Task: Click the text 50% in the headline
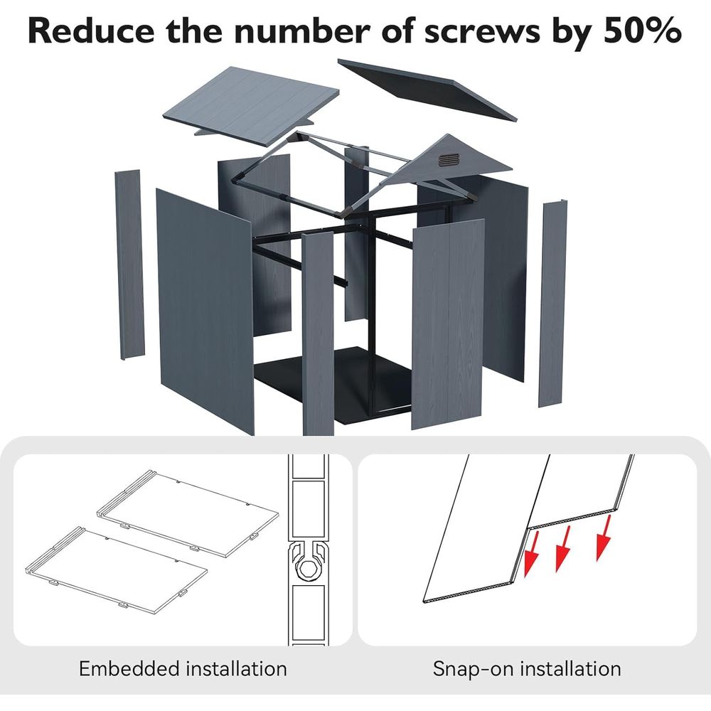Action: point(642,31)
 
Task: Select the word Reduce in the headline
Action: point(91,31)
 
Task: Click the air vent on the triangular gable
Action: point(449,159)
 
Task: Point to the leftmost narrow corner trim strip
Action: point(129,264)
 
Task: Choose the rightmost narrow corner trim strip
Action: point(552,303)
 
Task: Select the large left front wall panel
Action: point(204,313)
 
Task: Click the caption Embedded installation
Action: point(183,669)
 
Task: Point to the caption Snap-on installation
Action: point(527,669)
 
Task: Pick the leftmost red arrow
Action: point(530,554)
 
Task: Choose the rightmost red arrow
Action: point(605,538)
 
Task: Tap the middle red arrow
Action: point(564,549)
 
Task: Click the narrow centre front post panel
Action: point(318,333)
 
